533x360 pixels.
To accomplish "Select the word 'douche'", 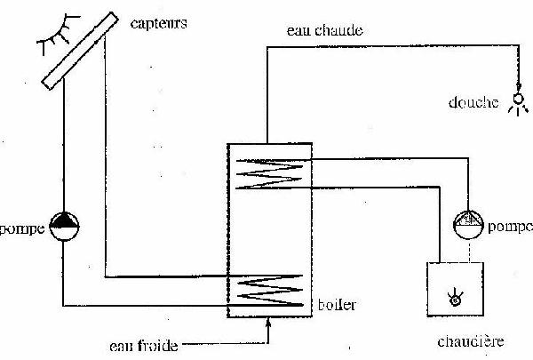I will point(472,103).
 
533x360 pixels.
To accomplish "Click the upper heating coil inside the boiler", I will point(267,171).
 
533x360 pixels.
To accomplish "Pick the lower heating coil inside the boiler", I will point(267,290).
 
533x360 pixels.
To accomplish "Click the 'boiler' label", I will point(337,305).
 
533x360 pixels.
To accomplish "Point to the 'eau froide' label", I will point(143,344).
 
